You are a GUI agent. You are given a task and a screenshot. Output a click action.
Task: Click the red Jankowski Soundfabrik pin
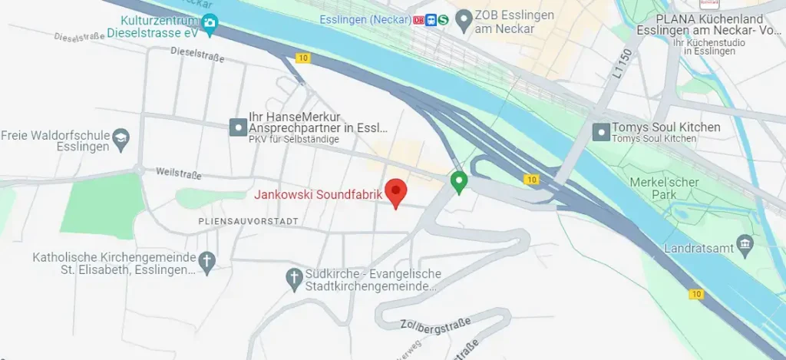coord(395,191)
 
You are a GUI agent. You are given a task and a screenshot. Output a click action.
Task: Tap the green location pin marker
coord(459,182)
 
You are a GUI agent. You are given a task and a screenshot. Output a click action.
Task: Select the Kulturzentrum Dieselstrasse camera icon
coord(210,25)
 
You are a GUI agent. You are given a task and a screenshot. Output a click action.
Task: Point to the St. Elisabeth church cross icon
coord(206,261)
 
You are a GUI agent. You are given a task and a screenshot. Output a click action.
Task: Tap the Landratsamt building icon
coord(745,245)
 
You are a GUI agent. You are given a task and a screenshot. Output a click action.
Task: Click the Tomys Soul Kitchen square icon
coord(601,132)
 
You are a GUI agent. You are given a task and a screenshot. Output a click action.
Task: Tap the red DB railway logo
coord(418,20)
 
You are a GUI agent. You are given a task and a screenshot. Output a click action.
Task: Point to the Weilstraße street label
coord(178,173)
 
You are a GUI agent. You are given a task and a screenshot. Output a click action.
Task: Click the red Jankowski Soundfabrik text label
coord(318,195)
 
